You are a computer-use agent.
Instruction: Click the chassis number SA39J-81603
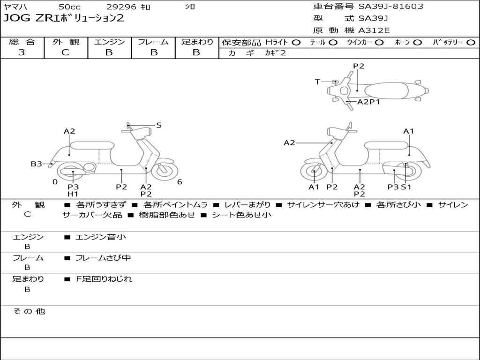pos(390,7)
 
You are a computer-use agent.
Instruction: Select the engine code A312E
pos(374,30)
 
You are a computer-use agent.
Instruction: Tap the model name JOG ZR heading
pos(64,18)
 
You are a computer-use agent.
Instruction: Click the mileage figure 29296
pos(121,7)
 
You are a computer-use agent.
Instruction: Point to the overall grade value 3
pos(22,52)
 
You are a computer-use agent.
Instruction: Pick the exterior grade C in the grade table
pos(65,52)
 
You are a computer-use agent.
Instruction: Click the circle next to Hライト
pos(296,43)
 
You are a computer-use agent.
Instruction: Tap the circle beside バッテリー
pos(471,43)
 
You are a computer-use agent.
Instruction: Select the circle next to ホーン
pos(417,43)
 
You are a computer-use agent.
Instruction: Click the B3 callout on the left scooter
pos(36,164)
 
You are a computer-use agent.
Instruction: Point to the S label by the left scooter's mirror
pos(158,125)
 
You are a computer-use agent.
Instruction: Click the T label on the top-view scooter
pos(317,82)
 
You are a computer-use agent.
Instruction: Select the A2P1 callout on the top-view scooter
pos(368,102)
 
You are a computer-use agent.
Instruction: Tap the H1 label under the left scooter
pos(73,194)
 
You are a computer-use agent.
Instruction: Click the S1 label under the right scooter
pos(406,187)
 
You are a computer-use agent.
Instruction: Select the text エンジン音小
pos(100,237)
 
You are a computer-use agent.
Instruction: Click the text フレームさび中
pos(103,258)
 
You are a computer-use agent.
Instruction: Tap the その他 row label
pos(29,311)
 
